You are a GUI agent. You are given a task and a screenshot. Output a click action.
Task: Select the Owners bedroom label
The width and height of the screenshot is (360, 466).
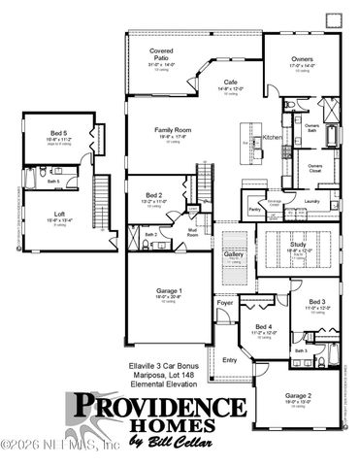(x=302, y=59)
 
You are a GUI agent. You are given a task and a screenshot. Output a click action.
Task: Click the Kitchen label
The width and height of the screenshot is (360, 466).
(x=272, y=138)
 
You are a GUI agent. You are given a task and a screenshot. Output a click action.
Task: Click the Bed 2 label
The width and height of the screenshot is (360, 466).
(x=153, y=195)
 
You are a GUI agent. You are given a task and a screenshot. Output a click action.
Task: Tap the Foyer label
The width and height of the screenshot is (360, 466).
(x=225, y=304)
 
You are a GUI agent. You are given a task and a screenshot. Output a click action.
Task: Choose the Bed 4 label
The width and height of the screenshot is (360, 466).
(x=264, y=326)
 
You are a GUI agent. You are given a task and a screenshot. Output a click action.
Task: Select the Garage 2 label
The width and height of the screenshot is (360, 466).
(x=299, y=396)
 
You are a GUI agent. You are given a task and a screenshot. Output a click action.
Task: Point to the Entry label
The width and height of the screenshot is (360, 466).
(x=230, y=359)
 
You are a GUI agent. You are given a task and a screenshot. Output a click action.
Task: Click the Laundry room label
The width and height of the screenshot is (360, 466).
(x=311, y=201)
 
